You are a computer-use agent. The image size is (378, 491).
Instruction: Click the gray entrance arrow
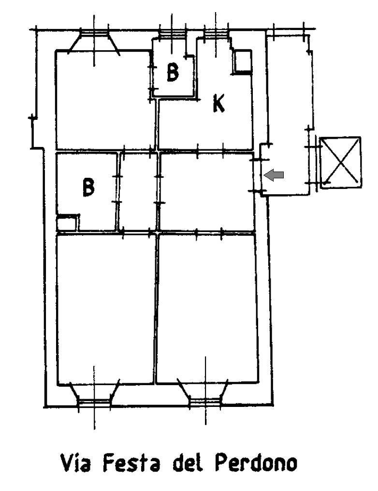tap(274, 175)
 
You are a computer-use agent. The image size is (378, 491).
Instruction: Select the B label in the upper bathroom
tap(173, 72)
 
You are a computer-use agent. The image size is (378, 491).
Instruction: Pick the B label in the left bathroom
tap(88, 187)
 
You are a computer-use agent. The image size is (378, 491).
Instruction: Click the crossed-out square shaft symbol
tap(340, 162)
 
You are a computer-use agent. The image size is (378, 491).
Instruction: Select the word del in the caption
tap(187, 462)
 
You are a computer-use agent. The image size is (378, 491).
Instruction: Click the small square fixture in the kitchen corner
tap(242, 62)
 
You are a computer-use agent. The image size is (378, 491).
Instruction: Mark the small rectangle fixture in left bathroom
tap(66, 223)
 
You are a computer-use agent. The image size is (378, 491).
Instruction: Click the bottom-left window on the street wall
tap(94, 395)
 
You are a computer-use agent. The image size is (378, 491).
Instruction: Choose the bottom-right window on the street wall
tap(205, 394)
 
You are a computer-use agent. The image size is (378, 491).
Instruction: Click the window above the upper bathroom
tap(172, 33)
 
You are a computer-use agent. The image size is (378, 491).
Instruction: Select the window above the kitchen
tap(216, 33)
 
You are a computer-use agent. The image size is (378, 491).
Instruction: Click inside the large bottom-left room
tap(106, 308)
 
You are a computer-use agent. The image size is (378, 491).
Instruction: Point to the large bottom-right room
tap(207, 308)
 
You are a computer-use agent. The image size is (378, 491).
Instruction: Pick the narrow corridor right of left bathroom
tap(138, 192)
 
